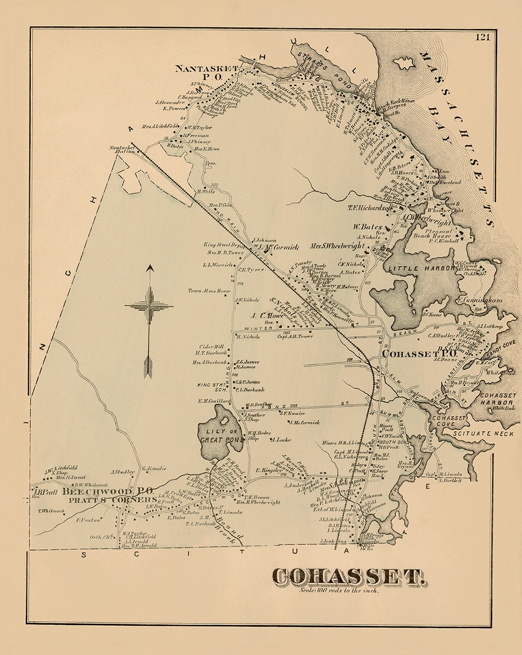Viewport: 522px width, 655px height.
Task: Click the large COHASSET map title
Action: click(x=349, y=577)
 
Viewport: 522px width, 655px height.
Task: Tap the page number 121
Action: click(x=482, y=37)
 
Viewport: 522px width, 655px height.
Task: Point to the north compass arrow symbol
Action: click(x=149, y=321)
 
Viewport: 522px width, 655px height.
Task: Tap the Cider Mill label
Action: click(x=212, y=346)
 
